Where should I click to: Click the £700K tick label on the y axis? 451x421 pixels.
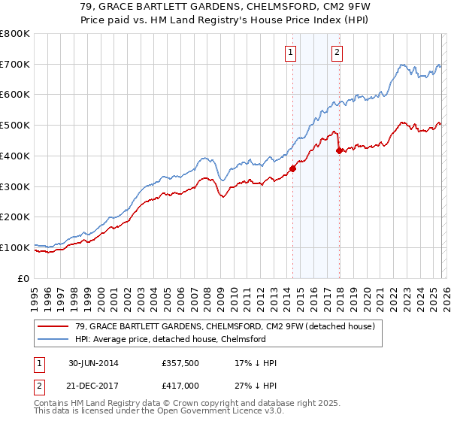tap(15, 65)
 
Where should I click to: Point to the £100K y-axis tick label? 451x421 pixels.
tap(15, 247)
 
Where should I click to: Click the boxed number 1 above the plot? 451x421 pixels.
tap(291, 52)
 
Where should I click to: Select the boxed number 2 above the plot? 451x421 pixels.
tap(336, 52)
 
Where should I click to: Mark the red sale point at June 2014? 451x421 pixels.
tap(292, 168)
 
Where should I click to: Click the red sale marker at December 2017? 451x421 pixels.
tap(339, 151)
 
